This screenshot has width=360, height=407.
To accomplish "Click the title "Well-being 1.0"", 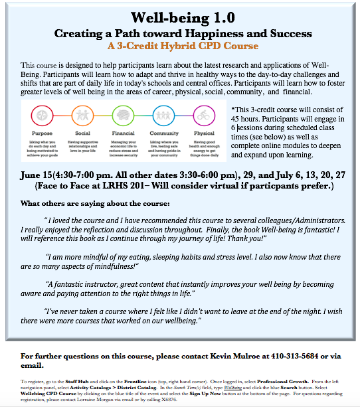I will [x=180, y=17].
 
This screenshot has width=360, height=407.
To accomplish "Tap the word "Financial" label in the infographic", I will [x=123, y=132].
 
